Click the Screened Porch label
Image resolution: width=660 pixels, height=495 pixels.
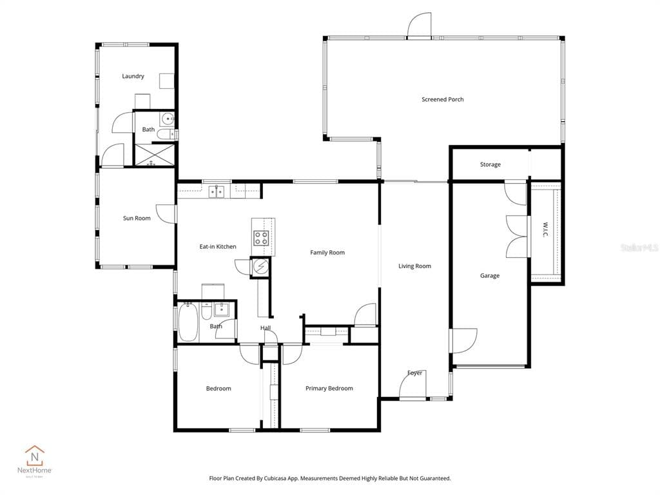pyautogui.click(x=442, y=99)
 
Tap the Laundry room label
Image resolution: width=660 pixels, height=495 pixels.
pyautogui.click(x=133, y=76)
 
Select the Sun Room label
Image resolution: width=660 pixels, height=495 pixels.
pyautogui.click(x=137, y=218)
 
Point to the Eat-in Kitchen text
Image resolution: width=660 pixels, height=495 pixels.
pyautogui.click(x=217, y=246)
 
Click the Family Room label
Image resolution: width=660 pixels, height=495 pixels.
pyautogui.click(x=327, y=253)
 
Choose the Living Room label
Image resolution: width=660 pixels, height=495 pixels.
pyautogui.click(x=414, y=266)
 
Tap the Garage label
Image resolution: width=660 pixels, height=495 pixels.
pyautogui.click(x=489, y=276)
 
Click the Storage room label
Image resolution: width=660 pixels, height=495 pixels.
pyautogui.click(x=490, y=164)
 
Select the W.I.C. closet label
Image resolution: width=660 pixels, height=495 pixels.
pyautogui.click(x=545, y=230)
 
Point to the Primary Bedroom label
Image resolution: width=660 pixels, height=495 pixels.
pyautogui.click(x=329, y=388)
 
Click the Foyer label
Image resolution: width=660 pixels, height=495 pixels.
pyautogui.click(x=414, y=373)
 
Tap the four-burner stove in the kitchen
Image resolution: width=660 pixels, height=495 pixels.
pyautogui.click(x=261, y=238)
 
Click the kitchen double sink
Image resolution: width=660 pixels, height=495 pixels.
pyautogui.click(x=217, y=191)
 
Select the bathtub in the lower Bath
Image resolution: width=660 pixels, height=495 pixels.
pyautogui.click(x=188, y=322)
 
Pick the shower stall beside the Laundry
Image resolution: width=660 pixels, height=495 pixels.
pyautogui.click(x=154, y=155)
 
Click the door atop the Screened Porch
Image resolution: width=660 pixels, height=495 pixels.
pyautogui.click(x=420, y=26)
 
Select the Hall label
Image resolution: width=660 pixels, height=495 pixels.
pyautogui.click(x=266, y=328)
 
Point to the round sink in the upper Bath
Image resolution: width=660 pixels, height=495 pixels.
pyautogui.click(x=167, y=119)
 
